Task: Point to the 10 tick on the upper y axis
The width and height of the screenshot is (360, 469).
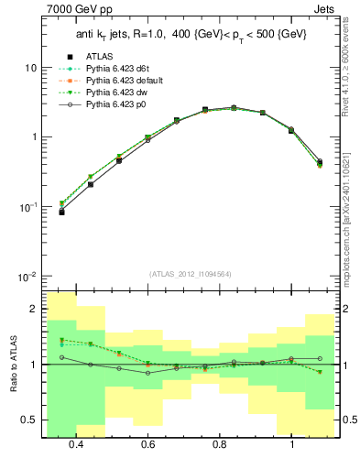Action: pos(30,69)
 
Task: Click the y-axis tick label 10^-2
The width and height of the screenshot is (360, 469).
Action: pos(27,277)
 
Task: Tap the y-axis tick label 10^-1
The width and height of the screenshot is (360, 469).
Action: pos(27,207)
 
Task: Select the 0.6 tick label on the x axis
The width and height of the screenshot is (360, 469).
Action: pos(147,443)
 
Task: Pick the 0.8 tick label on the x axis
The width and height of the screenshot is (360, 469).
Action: pos(220,443)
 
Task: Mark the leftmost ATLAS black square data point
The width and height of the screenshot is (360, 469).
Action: pos(61,212)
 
